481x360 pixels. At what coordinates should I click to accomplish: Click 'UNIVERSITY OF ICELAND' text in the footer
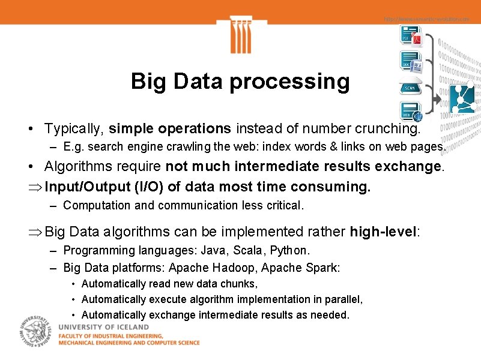tap(103, 327)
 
